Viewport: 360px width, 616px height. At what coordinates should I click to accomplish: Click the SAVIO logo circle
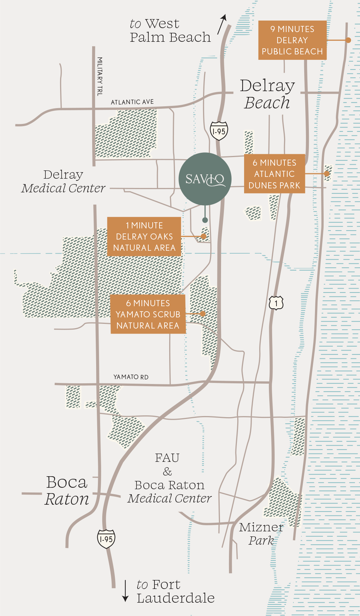coord(205,179)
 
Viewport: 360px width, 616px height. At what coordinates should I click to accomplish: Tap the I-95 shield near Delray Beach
coord(219,131)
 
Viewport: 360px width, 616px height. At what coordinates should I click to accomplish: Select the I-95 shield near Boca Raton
coord(106,539)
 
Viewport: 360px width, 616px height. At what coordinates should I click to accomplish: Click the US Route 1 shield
coord(276,303)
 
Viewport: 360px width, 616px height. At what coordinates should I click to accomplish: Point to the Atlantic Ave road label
coord(132,102)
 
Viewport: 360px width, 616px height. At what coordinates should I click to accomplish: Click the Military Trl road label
coord(100,76)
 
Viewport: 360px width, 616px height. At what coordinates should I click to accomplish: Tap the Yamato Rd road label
coord(131,377)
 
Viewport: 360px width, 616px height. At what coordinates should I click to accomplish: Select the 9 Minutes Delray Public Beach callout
coord(292,40)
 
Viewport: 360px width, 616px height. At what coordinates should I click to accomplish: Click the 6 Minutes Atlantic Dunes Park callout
coord(274,174)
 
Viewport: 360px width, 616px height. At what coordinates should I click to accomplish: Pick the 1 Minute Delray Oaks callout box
coord(144,237)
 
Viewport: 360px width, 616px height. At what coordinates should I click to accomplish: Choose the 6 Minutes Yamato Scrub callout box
coord(148,314)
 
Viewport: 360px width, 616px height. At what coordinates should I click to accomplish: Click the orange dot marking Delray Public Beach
coord(348,40)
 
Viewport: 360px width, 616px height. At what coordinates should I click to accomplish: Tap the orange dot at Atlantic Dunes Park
coord(327,174)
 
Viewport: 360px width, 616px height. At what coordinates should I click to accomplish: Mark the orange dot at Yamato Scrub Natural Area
coord(203,314)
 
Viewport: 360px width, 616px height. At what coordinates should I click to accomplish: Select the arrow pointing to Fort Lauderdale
coord(125,591)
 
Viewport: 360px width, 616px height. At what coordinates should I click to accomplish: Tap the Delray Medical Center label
coord(63,182)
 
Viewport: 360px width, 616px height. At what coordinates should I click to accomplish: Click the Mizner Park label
coord(261,534)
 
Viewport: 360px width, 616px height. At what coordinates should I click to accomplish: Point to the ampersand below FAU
coord(167,472)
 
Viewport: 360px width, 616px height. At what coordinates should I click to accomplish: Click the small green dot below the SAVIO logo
coord(205,220)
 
